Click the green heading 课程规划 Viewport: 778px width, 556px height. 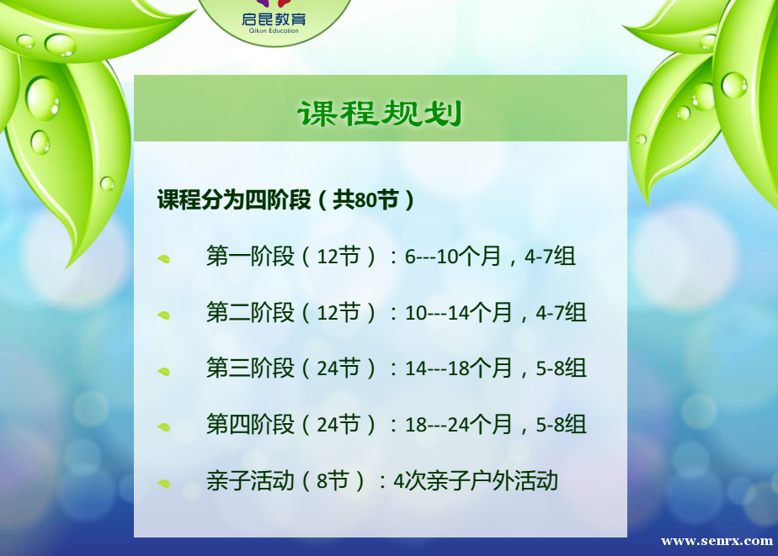point(380,114)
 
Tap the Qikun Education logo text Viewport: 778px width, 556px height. point(274,23)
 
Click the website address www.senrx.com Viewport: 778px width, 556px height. point(717,541)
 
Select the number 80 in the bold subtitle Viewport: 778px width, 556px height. point(366,200)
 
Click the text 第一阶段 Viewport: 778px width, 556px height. point(251,257)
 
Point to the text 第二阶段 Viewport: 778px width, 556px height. point(251,313)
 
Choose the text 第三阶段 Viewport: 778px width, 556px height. point(251,368)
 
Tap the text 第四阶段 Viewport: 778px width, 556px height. point(251,425)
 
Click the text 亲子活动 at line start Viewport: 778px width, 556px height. point(251,480)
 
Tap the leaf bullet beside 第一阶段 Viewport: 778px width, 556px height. point(163,259)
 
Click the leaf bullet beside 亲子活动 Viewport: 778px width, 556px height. point(163,483)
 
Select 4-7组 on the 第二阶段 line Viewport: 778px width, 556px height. point(561,313)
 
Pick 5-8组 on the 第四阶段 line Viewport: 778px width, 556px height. point(561,425)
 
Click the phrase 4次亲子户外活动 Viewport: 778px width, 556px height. point(476,481)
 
